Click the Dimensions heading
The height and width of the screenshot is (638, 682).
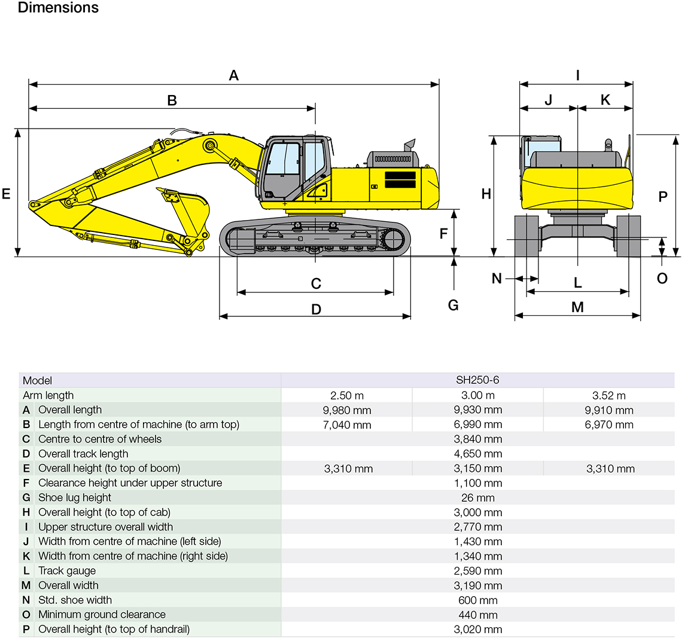point(58,8)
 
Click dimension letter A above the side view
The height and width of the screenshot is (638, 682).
point(234,75)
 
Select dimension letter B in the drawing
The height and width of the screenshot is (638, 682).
point(172,100)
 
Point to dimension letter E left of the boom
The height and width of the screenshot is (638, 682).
point(7,194)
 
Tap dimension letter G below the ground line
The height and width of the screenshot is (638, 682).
point(453,305)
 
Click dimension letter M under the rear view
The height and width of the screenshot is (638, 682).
point(577,307)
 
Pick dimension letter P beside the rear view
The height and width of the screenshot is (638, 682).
point(663,196)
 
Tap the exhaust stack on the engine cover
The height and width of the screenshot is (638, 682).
point(410,145)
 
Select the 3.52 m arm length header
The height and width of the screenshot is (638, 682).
point(609,395)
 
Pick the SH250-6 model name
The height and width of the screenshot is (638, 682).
point(477,380)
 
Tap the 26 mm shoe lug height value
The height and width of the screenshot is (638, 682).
point(477,497)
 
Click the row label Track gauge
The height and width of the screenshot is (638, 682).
point(67,571)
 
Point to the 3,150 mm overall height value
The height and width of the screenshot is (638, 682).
point(477,469)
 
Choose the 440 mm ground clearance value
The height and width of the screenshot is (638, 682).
point(477,615)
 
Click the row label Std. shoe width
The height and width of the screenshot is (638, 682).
point(75,600)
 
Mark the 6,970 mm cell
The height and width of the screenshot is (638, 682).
point(609,425)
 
